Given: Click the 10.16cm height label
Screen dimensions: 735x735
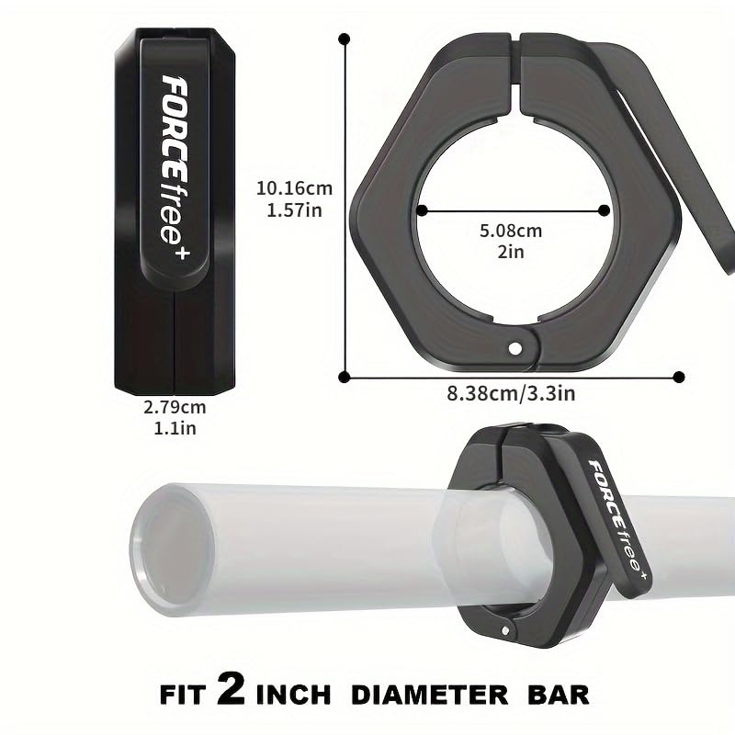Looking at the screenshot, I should pos(294,188).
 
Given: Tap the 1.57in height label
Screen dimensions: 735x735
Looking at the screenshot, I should pos(293,210).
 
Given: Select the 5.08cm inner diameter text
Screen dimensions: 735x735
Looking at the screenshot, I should pos(511,231).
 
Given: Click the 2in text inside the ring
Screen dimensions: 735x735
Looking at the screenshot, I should pos(511,253).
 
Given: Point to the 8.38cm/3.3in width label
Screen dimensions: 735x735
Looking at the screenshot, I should pos(510,393).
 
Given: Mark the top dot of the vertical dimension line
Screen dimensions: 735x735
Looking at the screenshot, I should pos(345,39).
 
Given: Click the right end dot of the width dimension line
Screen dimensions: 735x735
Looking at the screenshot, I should pos(679,376).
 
